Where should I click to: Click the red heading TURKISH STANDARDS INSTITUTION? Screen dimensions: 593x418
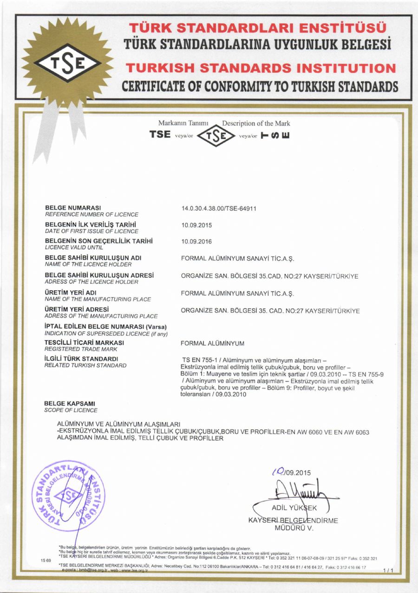click(261, 69)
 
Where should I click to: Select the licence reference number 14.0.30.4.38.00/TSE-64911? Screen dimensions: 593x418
click(219, 209)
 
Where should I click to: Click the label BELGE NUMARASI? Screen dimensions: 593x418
click(73, 207)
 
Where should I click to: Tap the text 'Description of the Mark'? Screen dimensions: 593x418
click(256, 123)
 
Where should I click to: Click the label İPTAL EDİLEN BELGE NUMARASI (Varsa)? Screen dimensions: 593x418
click(105, 326)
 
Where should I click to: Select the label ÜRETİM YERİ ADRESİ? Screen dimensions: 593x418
click(77, 309)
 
